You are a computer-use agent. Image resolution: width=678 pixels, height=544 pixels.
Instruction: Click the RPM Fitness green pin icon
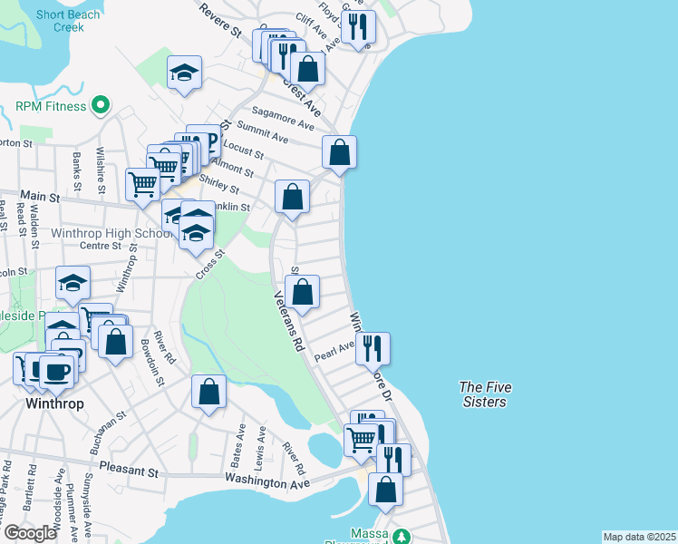pos(101,106)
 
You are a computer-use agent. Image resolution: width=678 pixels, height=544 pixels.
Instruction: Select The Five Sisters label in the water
pos(485,394)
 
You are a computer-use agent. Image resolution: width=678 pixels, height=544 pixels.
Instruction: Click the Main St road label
pos(39,196)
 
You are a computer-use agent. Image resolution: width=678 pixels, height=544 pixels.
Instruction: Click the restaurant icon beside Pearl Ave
pos(372,347)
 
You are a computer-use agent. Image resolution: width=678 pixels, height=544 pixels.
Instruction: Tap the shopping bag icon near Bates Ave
pos(208,393)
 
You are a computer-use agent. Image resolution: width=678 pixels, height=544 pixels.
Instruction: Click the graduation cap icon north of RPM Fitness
pos(184,74)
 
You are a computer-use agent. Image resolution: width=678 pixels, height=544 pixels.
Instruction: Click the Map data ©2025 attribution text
pos(638,537)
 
